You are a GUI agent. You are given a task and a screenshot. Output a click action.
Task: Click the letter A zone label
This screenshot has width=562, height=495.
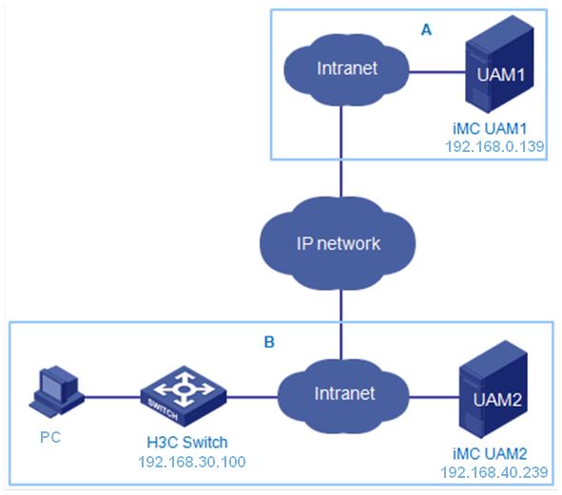[x=426, y=29]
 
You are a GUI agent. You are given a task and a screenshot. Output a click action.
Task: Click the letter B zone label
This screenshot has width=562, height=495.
[x=269, y=342]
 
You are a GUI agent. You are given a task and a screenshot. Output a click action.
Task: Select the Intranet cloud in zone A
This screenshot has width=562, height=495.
[x=346, y=70]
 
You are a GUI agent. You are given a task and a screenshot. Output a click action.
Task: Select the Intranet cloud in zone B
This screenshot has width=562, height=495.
[x=343, y=396]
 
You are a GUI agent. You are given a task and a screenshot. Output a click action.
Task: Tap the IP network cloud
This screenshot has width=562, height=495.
[x=338, y=243]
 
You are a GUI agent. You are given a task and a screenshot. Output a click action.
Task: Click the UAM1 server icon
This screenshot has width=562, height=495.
[x=499, y=65]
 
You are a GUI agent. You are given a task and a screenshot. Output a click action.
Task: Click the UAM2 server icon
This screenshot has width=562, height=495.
[x=494, y=390]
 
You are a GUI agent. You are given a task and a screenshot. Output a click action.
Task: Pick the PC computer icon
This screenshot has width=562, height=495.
[x=56, y=391]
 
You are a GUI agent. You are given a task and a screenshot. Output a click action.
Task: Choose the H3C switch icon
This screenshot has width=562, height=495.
[x=184, y=396]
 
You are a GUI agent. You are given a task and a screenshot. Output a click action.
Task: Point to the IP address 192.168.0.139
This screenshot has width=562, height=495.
[x=494, y=146]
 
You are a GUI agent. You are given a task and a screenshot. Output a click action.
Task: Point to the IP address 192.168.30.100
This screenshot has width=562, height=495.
[x=192, y=462]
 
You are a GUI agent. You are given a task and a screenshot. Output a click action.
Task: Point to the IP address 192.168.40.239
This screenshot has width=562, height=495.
[x=494, y=472]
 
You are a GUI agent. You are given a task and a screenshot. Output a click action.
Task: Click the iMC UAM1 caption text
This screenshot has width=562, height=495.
[x=490, y=128]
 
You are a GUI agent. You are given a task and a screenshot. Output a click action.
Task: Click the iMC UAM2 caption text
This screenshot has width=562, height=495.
[x=490, y=454]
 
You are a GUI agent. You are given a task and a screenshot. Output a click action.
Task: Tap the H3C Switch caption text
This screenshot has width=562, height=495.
[x=187, y=443]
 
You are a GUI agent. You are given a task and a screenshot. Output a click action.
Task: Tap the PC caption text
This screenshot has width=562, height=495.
[x=50, y=437]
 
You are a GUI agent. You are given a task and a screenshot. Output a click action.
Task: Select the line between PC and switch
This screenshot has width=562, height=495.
[x=112, y=397]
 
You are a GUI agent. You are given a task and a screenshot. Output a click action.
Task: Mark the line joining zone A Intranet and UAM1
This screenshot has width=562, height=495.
[x=436, y=72]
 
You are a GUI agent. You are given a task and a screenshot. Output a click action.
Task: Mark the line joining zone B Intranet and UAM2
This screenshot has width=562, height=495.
[x=434, y=397]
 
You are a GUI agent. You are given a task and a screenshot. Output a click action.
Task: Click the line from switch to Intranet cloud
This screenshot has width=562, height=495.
[x=252, y=397]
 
